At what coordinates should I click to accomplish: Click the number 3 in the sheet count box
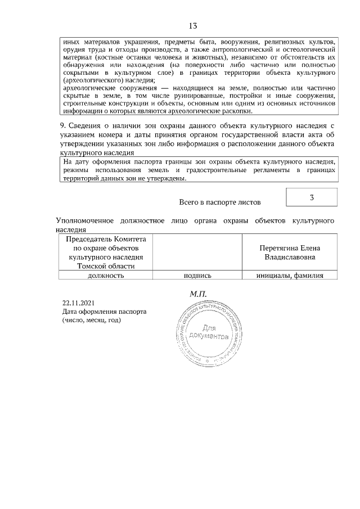point(312,197)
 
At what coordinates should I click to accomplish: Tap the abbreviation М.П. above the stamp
point(199,293)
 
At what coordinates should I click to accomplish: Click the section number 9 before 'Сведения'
point(62,124)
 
